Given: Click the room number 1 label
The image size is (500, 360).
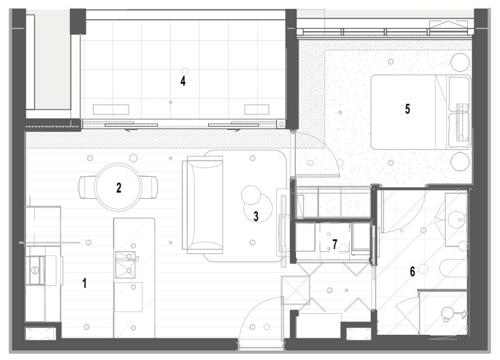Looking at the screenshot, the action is (84, 283).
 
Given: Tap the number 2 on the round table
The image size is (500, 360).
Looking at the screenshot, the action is (118, 188).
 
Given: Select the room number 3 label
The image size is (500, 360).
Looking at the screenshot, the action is (256, 216).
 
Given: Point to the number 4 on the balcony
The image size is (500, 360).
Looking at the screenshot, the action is (183, 81).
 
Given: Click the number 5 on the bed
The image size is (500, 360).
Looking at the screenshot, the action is (407, 109).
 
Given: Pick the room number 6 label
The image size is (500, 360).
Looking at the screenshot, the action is (412, 272).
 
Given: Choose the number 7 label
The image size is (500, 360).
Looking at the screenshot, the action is (335, 244).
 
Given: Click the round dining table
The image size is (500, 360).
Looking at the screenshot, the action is (118, 187).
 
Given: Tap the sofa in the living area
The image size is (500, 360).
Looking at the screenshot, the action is (203, 204).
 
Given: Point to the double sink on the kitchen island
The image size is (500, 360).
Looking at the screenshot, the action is (125, 264).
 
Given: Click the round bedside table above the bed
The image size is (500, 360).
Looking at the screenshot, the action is (460, 62).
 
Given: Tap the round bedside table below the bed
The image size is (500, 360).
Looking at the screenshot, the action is (460, 161).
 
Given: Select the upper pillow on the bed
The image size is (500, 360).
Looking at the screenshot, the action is (459, 93).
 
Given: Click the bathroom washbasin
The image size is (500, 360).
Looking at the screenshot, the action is (456, 220).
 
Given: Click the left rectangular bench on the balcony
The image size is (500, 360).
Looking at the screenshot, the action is (111, 110).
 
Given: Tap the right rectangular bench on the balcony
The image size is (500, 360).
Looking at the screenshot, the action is (256, 110).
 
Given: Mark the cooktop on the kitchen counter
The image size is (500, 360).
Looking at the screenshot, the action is (35, 270).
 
